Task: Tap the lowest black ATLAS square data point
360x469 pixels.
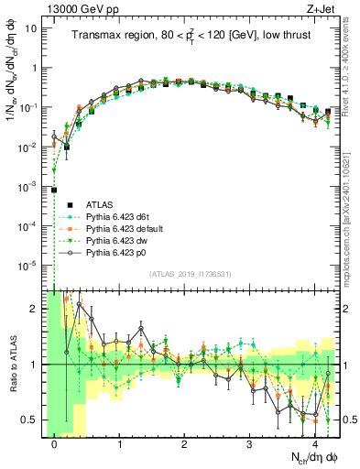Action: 55,190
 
